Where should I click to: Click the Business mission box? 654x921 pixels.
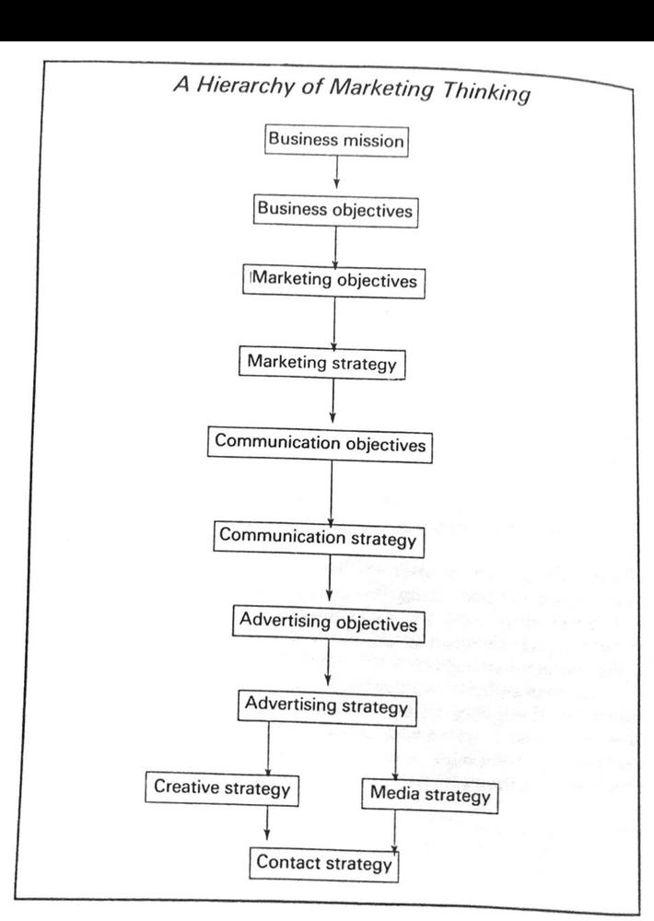[x=336, y=140]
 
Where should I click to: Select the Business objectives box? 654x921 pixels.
[x=335, y=210]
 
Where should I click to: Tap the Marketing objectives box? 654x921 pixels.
[x=333, y=281]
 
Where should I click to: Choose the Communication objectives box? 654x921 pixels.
[x=320, y=444]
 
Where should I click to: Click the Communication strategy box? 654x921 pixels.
[x=318, y=538]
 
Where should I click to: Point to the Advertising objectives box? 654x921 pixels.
[x=328, y=622]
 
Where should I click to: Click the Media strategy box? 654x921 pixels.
[x=430, y=796]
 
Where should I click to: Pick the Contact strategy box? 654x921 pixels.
[x=323, y=864]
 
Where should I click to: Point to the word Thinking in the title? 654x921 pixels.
[x=486, y=93]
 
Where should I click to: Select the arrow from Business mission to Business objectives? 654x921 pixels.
[x=336, y=172]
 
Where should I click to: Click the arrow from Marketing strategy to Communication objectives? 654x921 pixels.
[x=333, y=401]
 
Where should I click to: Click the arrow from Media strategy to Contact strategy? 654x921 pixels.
[x=394, y=833]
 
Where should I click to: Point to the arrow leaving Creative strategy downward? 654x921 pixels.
[x=267, y=822]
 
